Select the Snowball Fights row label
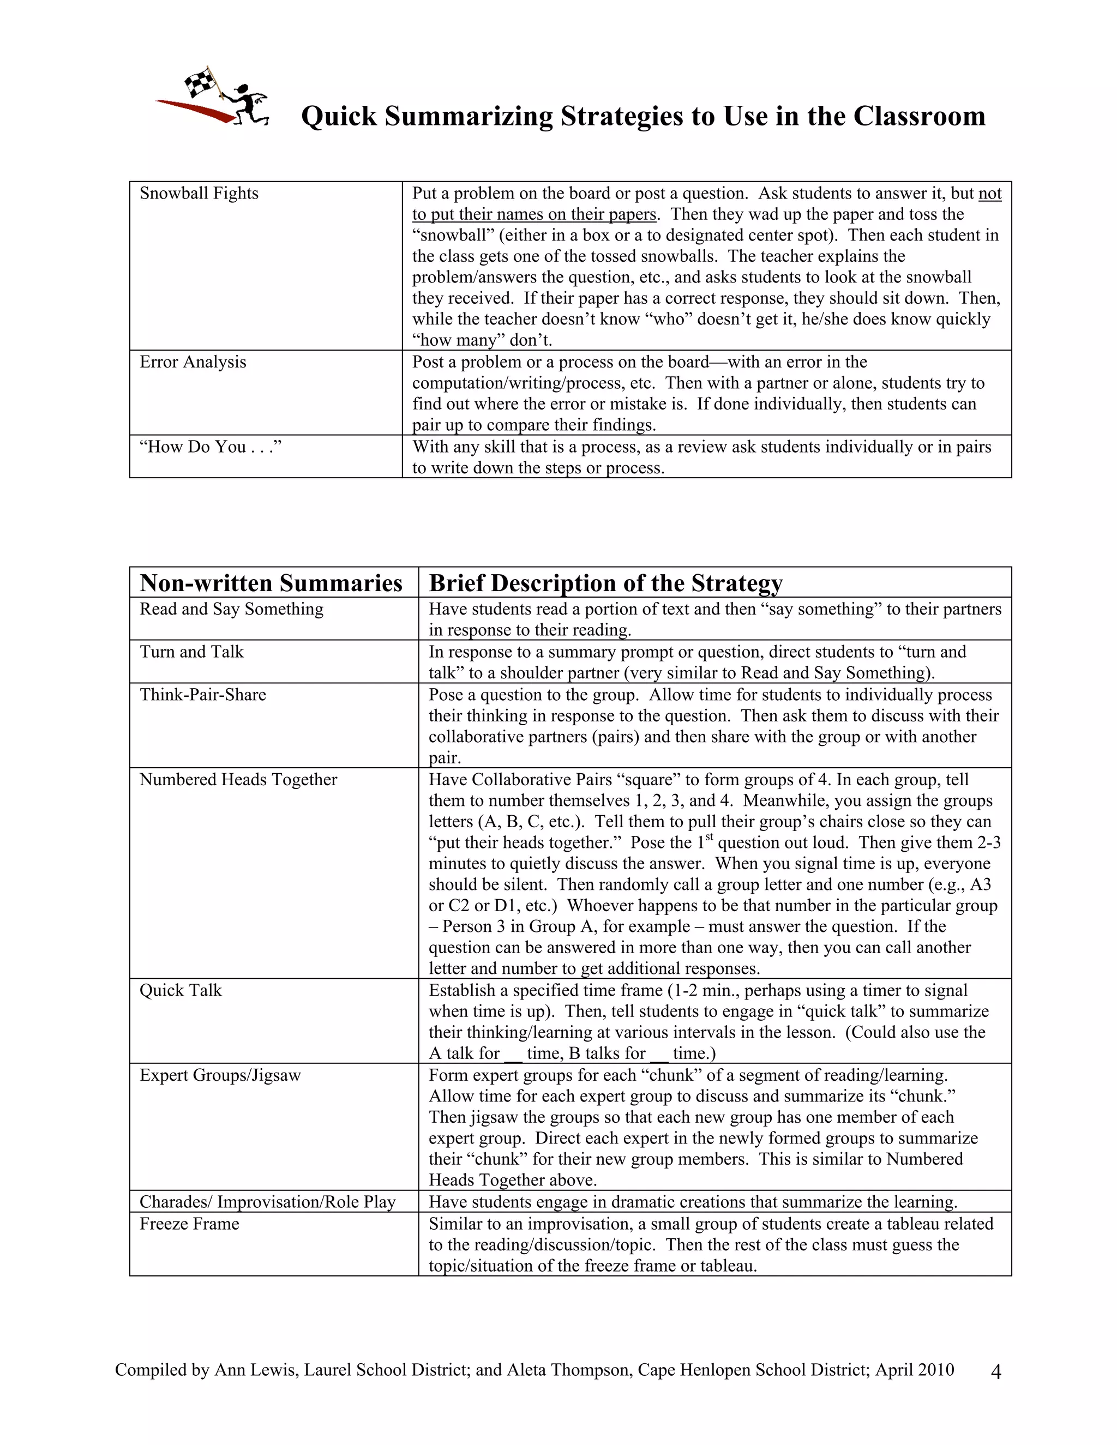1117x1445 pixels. (x=199, y=193)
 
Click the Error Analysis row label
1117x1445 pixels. (x=193, y=362)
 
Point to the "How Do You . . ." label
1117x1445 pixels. (x=211, y=447)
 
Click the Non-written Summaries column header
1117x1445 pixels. (x=271, y=583)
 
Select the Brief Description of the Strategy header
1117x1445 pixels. (x=605, y=583)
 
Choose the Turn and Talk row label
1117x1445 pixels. (x=191, y=652)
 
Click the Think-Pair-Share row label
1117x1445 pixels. (x=202, y=695)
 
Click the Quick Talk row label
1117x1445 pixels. (x=180, y=990)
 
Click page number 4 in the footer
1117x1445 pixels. (x=996, y=1372)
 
